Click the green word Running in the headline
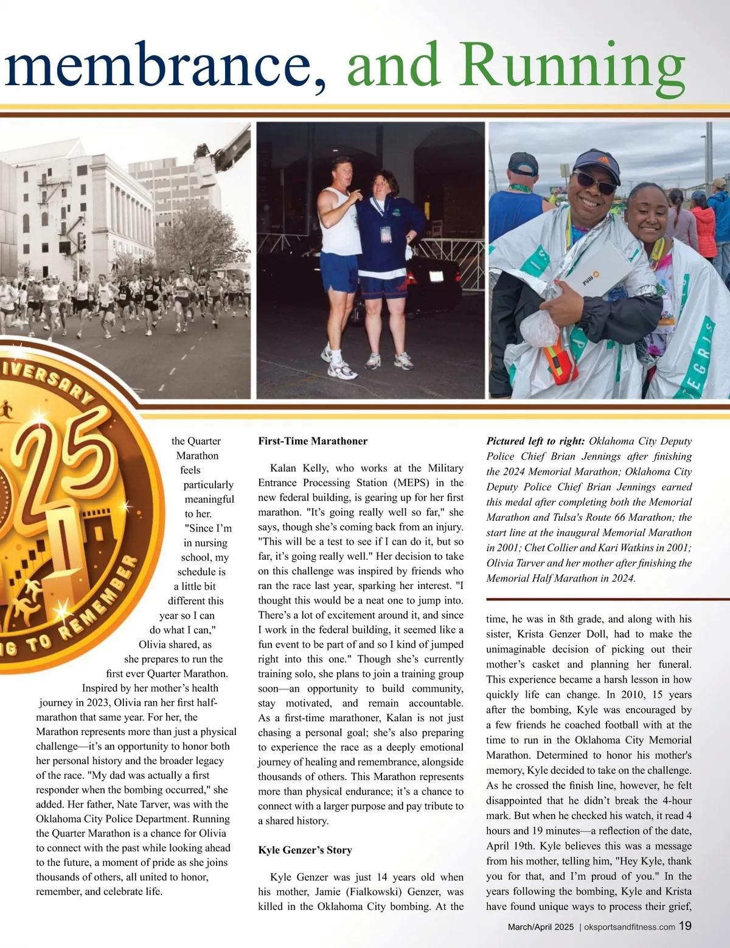(x=572, y=66)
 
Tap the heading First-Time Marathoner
(x=313, y=441)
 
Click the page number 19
(x=685, y=926)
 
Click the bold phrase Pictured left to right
(x=535, y=441)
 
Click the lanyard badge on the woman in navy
(x=385, y=234)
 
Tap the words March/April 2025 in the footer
(x=541, y=927)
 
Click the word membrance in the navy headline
(x=164, y=66)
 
